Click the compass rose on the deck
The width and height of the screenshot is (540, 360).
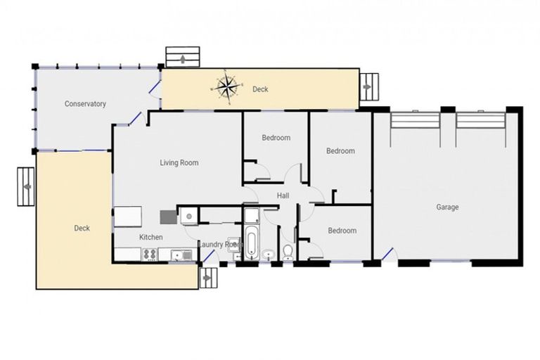pos(226,86)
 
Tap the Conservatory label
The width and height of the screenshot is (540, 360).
pos(85,104)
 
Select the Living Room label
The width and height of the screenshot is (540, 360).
pos(179,163)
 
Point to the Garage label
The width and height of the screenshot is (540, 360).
pos(447,207)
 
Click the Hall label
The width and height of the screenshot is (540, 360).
pos(283,195)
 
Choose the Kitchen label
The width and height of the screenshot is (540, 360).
pos(150,238)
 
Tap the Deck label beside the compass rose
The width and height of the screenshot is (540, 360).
pos(260,89)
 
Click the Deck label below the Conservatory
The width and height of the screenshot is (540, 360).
pos(82,229)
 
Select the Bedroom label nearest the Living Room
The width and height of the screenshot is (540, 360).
pos(276,138)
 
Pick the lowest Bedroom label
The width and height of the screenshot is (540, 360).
pos(342,231)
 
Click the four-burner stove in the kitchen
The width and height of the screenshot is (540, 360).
pos(150,255)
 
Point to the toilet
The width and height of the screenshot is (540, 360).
pos(288,252)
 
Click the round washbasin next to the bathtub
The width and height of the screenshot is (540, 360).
pos(269,254)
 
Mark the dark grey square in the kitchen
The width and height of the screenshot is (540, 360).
pos(167,217)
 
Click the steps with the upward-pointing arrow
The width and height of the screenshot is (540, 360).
pos(183,58)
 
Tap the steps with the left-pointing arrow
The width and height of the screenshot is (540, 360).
pos(26,186)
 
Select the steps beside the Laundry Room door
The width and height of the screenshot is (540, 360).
pos(207,277)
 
